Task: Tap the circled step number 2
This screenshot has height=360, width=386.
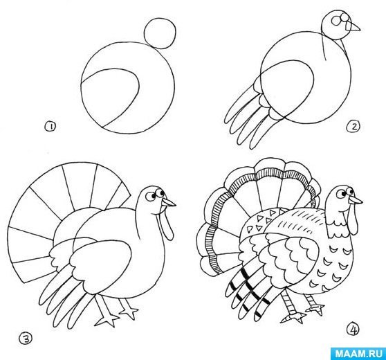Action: (x=353, y=127)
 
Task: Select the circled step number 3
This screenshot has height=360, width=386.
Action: (x=26, y=339)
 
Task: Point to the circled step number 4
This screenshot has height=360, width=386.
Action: (x=353, y=330)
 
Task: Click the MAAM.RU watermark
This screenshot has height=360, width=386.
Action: (x=359, y=354)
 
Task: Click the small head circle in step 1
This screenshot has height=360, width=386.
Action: (x=160, y=33)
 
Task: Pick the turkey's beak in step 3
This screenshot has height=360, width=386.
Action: (x=168, y=202)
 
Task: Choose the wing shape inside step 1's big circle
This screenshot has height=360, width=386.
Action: (x=109, y=98)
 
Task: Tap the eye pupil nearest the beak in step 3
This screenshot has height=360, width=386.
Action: (x=162, y=192)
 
